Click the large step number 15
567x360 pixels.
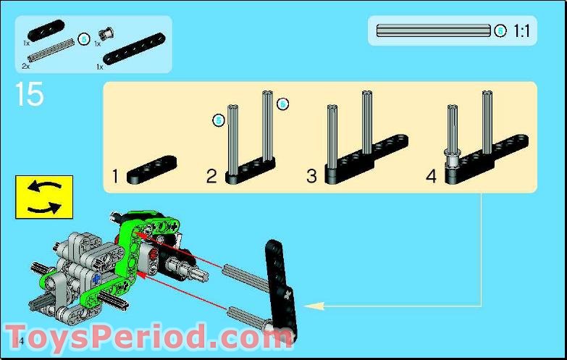coord(28,94)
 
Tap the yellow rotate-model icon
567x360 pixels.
coord(43,196)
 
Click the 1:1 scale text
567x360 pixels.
coord(521,31)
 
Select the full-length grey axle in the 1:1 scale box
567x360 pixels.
coord(433,31)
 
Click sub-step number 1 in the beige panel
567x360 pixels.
coord(115,175)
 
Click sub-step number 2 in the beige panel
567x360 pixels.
coord(211,176)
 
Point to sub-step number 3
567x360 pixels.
coord(311,176)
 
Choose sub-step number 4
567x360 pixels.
coord(431,176)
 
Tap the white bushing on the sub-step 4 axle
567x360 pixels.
coord(453,153)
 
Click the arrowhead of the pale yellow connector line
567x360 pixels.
coord(311,306)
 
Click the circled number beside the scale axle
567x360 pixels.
coord(500,31)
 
